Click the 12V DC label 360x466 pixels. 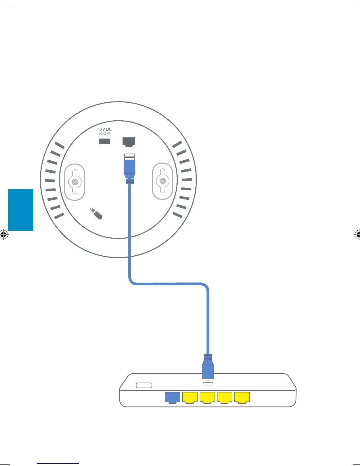105,129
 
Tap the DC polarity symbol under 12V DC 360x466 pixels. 105,134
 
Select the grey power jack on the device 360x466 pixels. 105,141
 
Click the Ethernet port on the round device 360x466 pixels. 129,142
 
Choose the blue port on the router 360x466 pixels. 172,397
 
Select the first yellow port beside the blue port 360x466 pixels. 190,397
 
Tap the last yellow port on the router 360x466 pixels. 242,397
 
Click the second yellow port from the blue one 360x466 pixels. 207,397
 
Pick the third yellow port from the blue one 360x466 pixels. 225,397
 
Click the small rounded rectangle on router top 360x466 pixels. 144,385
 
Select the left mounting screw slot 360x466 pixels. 75,182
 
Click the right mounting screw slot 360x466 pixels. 162,181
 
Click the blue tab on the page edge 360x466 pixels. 21,210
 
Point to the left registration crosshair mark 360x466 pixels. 4,235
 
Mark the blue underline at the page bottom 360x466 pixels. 58,464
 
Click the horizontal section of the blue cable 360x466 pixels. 169,284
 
